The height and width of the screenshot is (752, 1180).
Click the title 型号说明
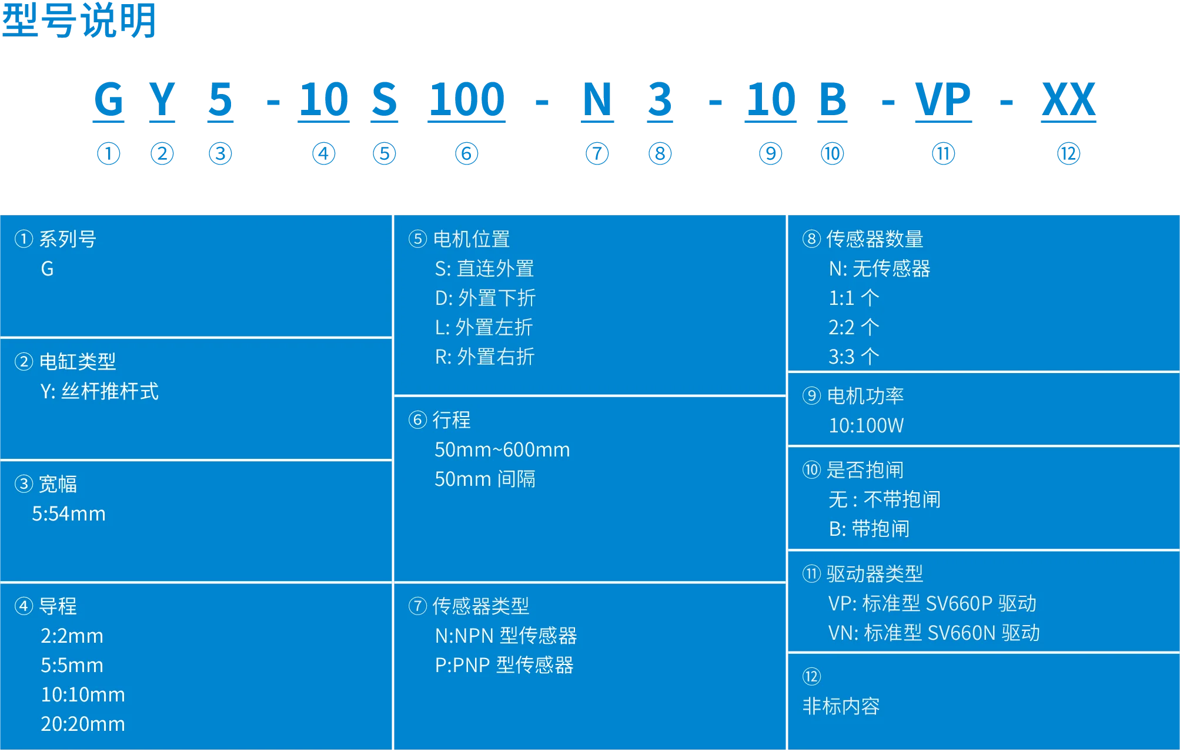(x=79, y=20)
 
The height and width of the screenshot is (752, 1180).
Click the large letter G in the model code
(x=109, y=99)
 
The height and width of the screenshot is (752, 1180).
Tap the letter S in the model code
(x=385, y=99)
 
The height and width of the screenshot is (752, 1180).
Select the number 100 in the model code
(x=467, y=99)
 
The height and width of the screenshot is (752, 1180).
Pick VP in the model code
(x=943, y=99)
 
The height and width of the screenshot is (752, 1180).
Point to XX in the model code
(x=1068, y=99)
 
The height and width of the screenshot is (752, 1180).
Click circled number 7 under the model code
(x=597, y=154)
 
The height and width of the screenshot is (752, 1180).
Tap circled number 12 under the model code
(x=1068, y=154)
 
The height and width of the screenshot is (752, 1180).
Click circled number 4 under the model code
(x=323, y=154)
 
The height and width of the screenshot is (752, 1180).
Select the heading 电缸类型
(x=78, y=361)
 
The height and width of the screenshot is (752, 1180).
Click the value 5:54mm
(x=69, y=514)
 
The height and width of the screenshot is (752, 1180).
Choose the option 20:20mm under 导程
(x=83, y=724)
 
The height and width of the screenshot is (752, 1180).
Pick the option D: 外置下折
(x=485, y=298)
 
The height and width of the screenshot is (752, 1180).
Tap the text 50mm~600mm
(x=502, y=450)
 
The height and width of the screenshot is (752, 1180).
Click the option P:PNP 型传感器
(x=504, y=665)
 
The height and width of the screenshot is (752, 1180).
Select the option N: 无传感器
(x=880, y=268)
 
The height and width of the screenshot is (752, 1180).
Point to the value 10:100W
(x=866, y=425)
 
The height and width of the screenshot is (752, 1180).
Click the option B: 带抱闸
(x=869, y=529)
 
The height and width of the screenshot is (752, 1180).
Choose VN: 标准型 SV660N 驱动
(x=934, y=633)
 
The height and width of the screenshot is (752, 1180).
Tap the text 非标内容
(x=841, y=706)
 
